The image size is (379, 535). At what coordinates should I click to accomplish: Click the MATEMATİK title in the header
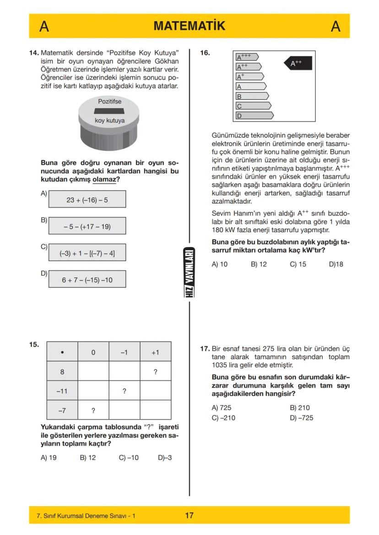coord(189,26)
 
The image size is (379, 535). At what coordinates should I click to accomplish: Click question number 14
coord(34,53)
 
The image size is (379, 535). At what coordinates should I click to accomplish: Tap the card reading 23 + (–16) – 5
coord(87,200)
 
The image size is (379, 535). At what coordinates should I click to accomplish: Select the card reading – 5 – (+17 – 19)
coord(87,226)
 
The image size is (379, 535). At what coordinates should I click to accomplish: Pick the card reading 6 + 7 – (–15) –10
coord(87,280)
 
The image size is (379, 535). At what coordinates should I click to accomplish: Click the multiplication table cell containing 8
coord(62,372)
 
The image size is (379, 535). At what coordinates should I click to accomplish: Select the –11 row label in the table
coord(62,391)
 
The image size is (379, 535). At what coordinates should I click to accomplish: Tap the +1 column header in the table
coord(156,353)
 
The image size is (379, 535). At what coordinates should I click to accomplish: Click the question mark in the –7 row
coord(93,410)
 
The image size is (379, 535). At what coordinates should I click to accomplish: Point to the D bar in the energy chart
coord(254,116)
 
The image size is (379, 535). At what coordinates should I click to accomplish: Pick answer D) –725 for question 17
coord(302,418)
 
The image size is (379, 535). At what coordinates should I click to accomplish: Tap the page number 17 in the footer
coord(189,516)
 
